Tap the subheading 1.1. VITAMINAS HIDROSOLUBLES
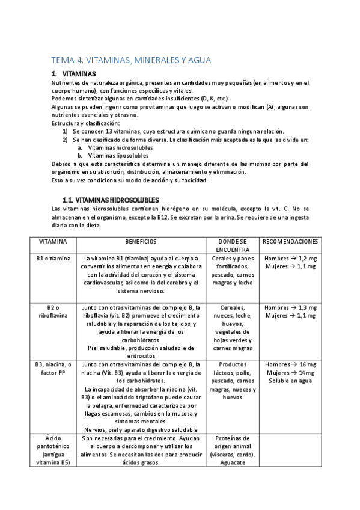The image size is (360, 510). (111, 200)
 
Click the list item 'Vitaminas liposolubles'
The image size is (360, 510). (118, 155)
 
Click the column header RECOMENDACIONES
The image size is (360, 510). (290, 241)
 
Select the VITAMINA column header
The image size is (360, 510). (53, 241)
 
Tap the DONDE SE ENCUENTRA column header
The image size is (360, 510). (233, 245)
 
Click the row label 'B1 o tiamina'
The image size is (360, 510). (53, 259)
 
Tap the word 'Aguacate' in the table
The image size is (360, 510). (233, 463)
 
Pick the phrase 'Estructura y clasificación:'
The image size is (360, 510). (85, 123)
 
